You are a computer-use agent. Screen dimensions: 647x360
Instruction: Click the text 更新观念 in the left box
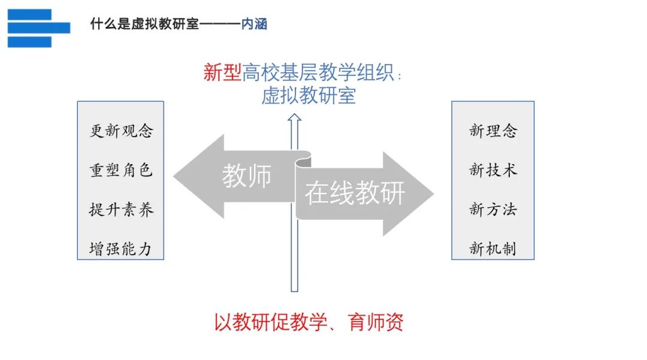point(121,131)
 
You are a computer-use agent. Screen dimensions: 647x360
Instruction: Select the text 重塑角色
point(121,170)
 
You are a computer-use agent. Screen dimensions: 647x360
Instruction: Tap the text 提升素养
point(121,210)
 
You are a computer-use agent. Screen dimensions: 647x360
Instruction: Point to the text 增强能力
point(120,249)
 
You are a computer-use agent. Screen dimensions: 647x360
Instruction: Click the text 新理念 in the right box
point(493,131)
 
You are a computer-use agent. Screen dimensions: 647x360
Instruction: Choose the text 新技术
point(493,170)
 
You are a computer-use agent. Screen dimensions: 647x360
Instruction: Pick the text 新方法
point(493,210)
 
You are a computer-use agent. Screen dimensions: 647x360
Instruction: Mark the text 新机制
point(492,249)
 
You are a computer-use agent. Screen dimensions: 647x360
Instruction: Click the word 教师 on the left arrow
point(247,176)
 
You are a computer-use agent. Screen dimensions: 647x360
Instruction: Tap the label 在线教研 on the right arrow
point(355,193)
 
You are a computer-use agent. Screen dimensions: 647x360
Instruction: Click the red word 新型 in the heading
point(222,72)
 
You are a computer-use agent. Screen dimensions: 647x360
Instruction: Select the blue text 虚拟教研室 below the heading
point(309,96)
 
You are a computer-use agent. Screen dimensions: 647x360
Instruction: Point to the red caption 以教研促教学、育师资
point(309,322)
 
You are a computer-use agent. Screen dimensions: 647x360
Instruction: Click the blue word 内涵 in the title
point(254,24)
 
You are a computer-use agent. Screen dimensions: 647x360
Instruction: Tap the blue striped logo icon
point(39,28)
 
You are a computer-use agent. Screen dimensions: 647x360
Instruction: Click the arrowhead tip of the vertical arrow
point(294,114)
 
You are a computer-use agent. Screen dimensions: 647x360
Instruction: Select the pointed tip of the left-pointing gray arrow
point(174,177)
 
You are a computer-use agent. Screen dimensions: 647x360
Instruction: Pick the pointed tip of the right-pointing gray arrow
point(434,193)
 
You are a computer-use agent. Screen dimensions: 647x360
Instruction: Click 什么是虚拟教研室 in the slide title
point(144,24)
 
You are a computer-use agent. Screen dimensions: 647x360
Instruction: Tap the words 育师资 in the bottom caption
point(376,322)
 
